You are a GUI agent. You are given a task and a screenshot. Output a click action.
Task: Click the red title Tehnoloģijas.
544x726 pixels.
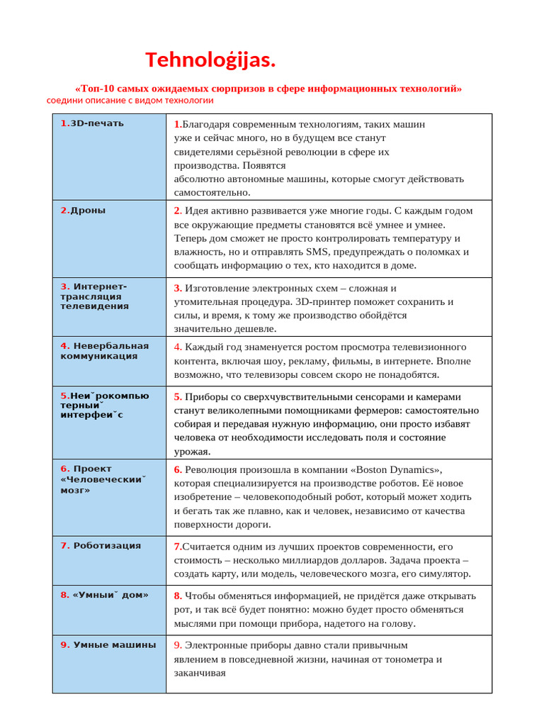(210, 60)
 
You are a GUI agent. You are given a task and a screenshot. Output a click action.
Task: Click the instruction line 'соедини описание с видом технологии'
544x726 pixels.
(130, 101)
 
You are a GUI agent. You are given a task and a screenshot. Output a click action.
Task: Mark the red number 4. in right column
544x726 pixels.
(178, 347)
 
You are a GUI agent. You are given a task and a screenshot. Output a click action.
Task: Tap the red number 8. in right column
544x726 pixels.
(178, 596)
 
